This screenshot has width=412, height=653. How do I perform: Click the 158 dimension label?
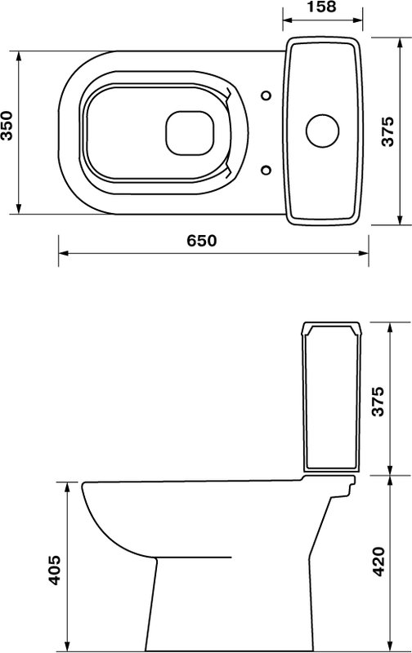pos(321,7)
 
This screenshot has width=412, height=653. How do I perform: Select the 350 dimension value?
pos(7,126)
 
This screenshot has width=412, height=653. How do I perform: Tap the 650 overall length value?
pos(202,240)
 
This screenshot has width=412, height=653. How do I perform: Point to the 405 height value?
pos(54,570)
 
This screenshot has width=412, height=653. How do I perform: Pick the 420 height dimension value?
pos(378,562)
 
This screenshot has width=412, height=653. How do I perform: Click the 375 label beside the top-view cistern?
pos(387,131)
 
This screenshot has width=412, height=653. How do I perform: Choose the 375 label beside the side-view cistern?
pos(378,402)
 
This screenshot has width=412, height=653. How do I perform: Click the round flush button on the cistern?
pos(322,131)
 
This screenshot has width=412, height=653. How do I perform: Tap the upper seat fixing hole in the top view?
pos(266,96)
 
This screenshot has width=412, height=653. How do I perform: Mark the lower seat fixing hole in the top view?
pos(266,170)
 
